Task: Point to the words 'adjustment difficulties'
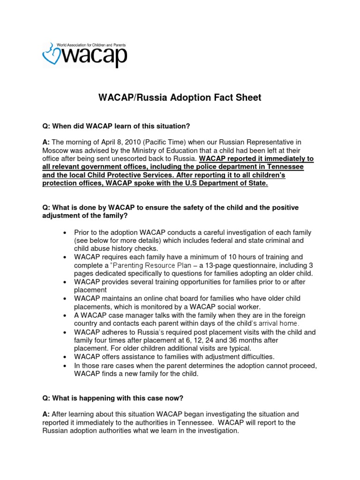[233, 357]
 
